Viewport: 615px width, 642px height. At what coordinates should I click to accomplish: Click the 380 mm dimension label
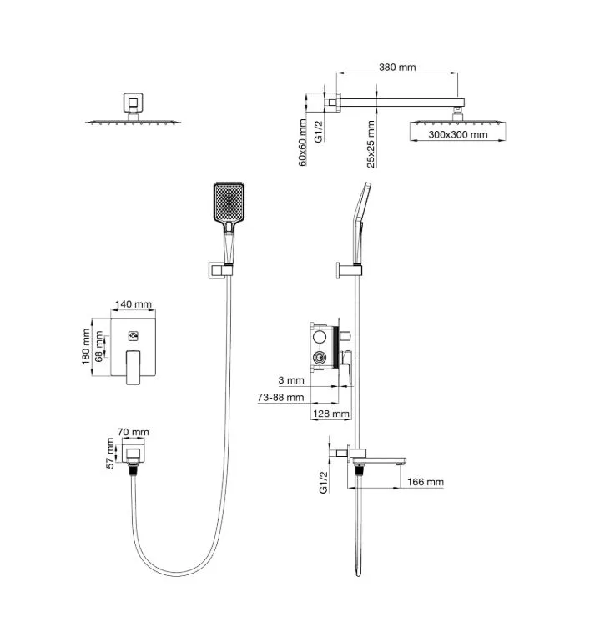[x=396, y=68]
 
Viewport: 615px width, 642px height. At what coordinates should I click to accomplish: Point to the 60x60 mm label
[x=304, y=143]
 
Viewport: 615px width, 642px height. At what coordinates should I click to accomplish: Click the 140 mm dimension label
[x=134, y=304]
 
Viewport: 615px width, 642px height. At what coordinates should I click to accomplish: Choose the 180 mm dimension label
[x=87, y=348]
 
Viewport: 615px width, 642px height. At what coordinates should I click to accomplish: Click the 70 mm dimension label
[x=134, y=431]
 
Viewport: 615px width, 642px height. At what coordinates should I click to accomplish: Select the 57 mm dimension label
[x=109, y=454]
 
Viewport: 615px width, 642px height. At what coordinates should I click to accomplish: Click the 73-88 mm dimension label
[x=280, y=398]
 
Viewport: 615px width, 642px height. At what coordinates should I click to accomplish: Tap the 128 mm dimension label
[x=331, y=414]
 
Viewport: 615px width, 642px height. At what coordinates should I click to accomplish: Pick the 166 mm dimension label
[x=426, y=482]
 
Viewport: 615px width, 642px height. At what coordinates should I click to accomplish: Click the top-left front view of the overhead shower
[x=133, y=113]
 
